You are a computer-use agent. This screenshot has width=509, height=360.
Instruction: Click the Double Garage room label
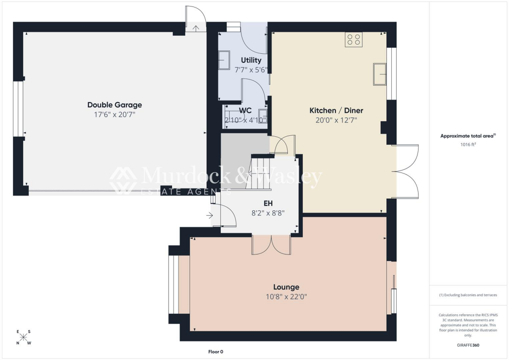click(x=114, y=105)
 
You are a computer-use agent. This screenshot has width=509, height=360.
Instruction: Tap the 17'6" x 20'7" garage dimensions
click(x=114, y=114)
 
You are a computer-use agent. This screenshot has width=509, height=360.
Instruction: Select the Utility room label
click(x=251, y=60)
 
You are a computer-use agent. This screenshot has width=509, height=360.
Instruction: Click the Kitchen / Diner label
click(x=336, y=110)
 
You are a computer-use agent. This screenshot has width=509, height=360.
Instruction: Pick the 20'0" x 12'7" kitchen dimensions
click(x=336, y=120)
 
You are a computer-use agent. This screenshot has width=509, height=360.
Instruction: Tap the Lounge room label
click(x=286, y=287)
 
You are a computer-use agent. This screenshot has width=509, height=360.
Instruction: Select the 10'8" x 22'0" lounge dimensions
click(x=286, y=297)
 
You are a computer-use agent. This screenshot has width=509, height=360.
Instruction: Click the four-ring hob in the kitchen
click(x=353, y=40)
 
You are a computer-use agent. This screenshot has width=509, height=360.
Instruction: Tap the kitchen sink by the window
click(x=380, y=74)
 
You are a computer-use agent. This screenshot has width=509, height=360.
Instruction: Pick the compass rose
click(x=23, y=337)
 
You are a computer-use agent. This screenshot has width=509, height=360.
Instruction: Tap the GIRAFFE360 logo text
click(x=469, y=345)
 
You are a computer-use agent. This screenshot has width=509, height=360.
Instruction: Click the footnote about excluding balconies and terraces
click(x=468, y=295)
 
